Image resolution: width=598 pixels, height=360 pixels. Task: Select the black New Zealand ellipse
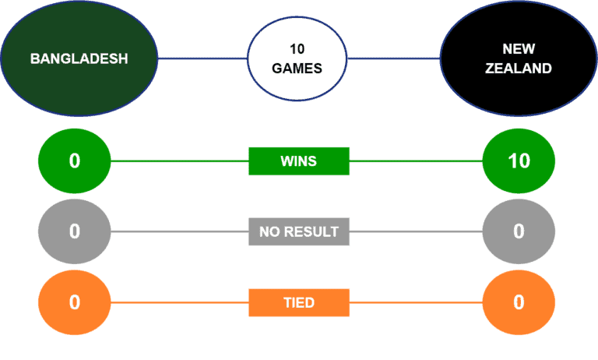(518, 58)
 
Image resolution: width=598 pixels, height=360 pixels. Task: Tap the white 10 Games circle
(297, 58)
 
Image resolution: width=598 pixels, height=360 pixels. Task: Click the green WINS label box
(299, 161)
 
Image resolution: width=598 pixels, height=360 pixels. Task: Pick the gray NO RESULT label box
(299, 231)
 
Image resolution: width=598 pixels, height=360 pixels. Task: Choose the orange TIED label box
(299, 302)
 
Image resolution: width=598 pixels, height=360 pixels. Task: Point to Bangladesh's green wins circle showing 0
(75, 161)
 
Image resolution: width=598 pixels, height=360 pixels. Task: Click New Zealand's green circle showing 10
(519, 161)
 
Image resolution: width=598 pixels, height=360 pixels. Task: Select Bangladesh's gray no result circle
(75, 231)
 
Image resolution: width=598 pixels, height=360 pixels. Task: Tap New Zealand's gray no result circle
(519, 231)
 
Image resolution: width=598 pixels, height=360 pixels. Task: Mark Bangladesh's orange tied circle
(75, 302)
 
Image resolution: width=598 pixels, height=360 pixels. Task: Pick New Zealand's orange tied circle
(519, 302)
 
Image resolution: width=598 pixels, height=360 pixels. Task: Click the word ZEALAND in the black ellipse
(518, 69)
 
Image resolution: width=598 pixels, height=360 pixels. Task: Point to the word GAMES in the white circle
(297, 69)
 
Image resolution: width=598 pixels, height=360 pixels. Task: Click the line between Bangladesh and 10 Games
(202, 58)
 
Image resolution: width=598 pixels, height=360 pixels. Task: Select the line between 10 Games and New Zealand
(393, 58)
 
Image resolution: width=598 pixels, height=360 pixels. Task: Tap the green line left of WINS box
(179, 161)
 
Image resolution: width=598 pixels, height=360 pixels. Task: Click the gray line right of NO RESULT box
(417, 231)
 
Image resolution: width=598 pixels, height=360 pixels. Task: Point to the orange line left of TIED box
(179, 302)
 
